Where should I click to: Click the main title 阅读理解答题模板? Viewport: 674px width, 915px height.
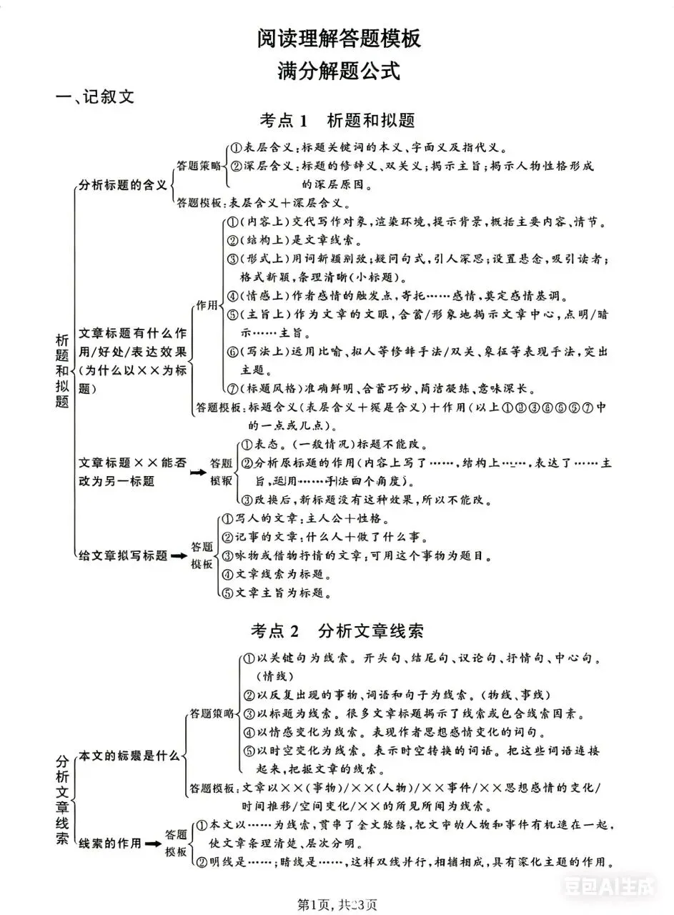click(339, 39)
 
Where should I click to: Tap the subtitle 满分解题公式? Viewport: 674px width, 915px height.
click(339, 71)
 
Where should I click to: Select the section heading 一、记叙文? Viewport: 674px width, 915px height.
click(96, 97)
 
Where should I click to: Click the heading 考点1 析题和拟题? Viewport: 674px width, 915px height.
click(337, 120)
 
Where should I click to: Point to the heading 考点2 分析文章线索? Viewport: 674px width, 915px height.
click(337, 630)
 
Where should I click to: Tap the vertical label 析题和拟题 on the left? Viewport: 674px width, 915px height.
click(62, 370)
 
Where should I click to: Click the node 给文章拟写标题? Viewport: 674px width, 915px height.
click(123, 555)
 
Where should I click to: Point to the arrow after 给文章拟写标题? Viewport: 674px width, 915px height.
click(178, 556)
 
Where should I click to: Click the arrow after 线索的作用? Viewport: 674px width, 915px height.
click(152, 844)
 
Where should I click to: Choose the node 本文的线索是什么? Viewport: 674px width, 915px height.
click(129, 756)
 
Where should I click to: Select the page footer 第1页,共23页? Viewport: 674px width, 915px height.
click(337, 904)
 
